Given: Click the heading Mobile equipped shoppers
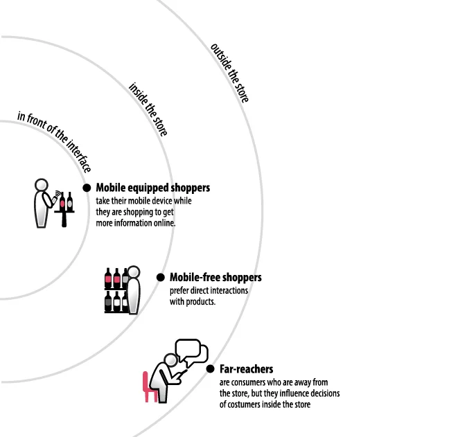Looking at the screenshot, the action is click(x=152, y=188).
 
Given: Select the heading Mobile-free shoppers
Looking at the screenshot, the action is click(x=215, y=278).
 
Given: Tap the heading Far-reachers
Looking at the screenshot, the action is click(x=246, y=369).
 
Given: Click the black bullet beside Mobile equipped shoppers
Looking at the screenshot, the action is click(x=87, y=188).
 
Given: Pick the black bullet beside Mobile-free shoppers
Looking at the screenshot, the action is click(x=161, y=277).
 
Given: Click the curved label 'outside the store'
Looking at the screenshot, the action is click(x=229, y=73).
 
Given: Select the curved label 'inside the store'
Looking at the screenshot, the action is click(x=148, y=109).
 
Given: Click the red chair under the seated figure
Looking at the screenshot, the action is click(x=148, y=386).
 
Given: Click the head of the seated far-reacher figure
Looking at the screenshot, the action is click(x=168, y=363).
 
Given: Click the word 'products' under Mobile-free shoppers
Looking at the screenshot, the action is click(x=200, y=302).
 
